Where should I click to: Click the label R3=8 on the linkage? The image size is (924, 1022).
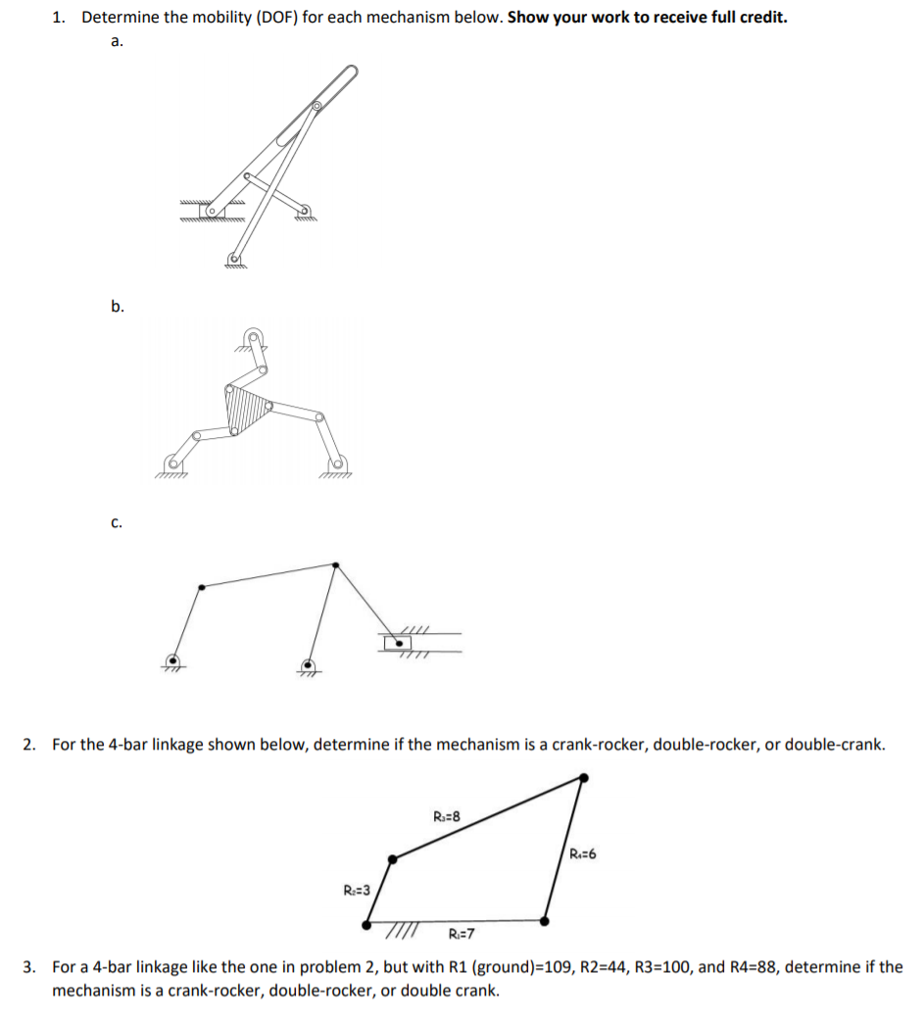[x=445, y=815]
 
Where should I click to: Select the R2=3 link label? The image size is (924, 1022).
[x=356, y=890]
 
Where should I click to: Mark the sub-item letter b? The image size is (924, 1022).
[x=117, y=307]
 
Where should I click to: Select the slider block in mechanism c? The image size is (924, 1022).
[x=399, y=643]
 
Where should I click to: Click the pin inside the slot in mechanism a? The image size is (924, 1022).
[x=316, y=106]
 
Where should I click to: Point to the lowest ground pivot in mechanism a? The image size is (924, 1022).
[x=234, y=259]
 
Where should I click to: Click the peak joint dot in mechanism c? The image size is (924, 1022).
[x=336, y=564]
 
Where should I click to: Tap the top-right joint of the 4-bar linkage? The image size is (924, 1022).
[x=584, y=778]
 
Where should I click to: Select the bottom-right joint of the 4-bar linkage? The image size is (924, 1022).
[x=545, y=921]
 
